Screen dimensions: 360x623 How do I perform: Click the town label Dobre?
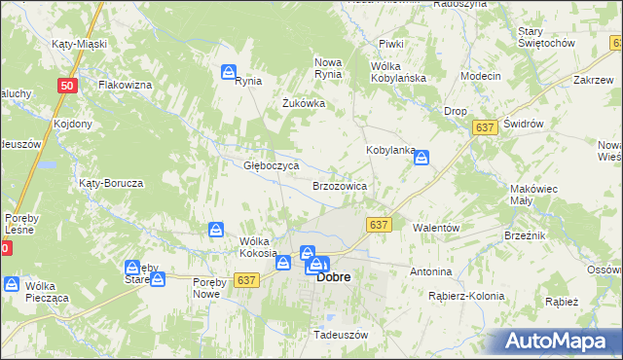coord(334,277)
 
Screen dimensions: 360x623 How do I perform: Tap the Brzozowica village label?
coord(339,185)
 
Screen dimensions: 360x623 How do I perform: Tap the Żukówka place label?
coord(303,103)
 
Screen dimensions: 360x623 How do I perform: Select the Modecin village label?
coord(481,76)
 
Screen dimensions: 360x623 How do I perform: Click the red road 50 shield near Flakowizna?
coord(66,86)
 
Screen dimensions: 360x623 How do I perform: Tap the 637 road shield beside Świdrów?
coord(485,127)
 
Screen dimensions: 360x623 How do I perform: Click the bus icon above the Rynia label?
coord(228,71)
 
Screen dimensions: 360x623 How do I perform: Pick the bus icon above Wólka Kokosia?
coord(215,230)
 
